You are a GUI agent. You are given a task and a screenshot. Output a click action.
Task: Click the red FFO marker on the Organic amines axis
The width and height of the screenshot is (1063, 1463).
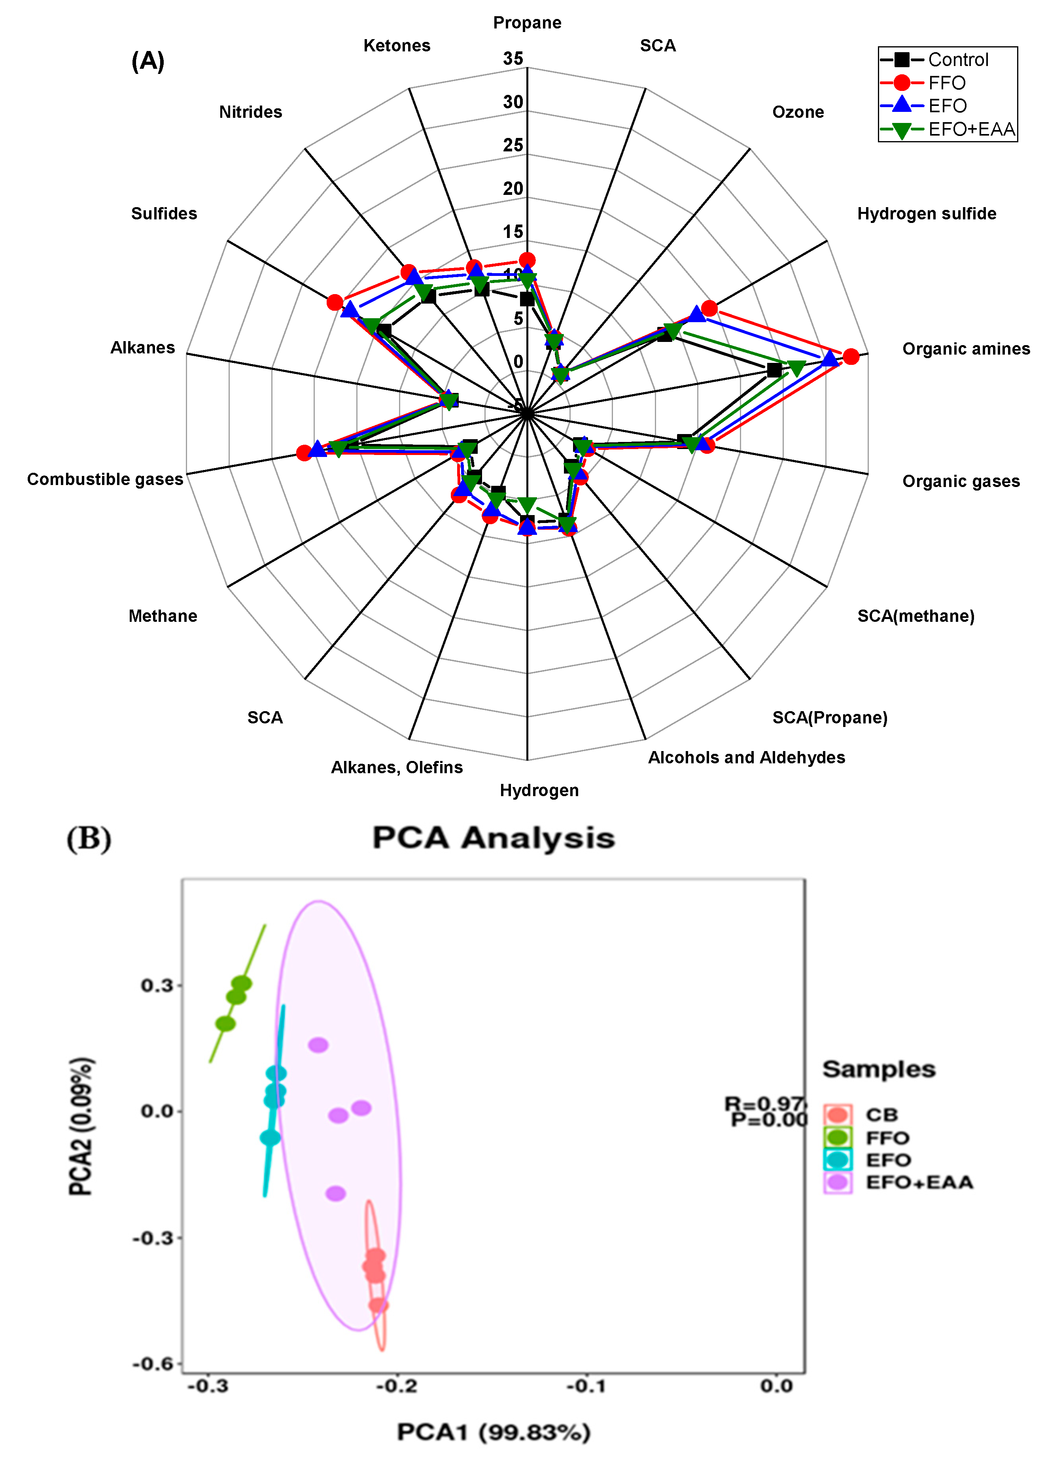pos(851,356)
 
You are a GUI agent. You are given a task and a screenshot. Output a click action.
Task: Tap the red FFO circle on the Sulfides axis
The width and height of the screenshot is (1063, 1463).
pos(334,302)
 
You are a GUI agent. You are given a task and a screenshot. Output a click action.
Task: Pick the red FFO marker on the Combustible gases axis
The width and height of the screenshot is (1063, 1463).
pos(305,453)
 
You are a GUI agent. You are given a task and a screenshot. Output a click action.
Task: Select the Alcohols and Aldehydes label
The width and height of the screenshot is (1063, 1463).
pos(746,757)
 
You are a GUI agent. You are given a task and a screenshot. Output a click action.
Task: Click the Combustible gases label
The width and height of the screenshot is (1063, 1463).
pos(105,479)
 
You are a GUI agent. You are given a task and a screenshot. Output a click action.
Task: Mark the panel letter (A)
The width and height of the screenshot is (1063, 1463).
pos(148,61)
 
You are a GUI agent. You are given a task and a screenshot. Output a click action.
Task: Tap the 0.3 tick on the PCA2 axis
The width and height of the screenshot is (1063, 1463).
pos(157,985)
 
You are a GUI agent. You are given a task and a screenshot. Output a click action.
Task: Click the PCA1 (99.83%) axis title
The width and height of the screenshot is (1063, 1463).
pos(493,1432)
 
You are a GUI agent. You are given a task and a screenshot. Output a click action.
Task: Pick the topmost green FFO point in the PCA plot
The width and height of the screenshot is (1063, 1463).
pos(241,984)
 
